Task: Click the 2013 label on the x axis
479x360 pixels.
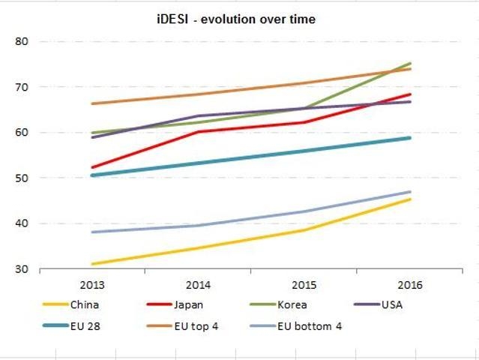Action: point(91,286)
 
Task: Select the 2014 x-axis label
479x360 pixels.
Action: point(198,286)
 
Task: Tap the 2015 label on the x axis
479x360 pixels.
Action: point(304,286)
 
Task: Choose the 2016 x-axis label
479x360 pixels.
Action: point(410,286)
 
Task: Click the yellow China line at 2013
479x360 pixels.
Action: point(91,264)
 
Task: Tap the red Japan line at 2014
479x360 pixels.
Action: point(198,132)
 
